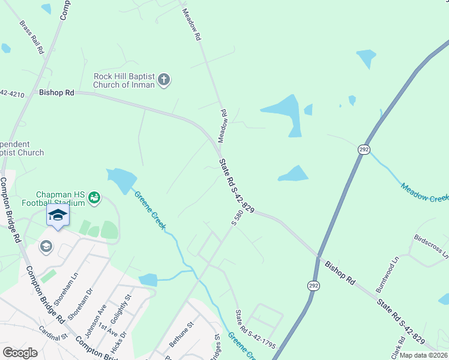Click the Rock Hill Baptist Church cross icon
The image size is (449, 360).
[164, 79]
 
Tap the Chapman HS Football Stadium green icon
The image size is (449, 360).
[94, 197]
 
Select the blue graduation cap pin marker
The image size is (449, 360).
[58, 215]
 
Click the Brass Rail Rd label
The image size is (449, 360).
[32, 40]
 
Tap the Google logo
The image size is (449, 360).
[20, 353]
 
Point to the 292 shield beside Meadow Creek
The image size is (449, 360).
[364, 149]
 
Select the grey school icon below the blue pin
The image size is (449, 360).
[46, 246]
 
